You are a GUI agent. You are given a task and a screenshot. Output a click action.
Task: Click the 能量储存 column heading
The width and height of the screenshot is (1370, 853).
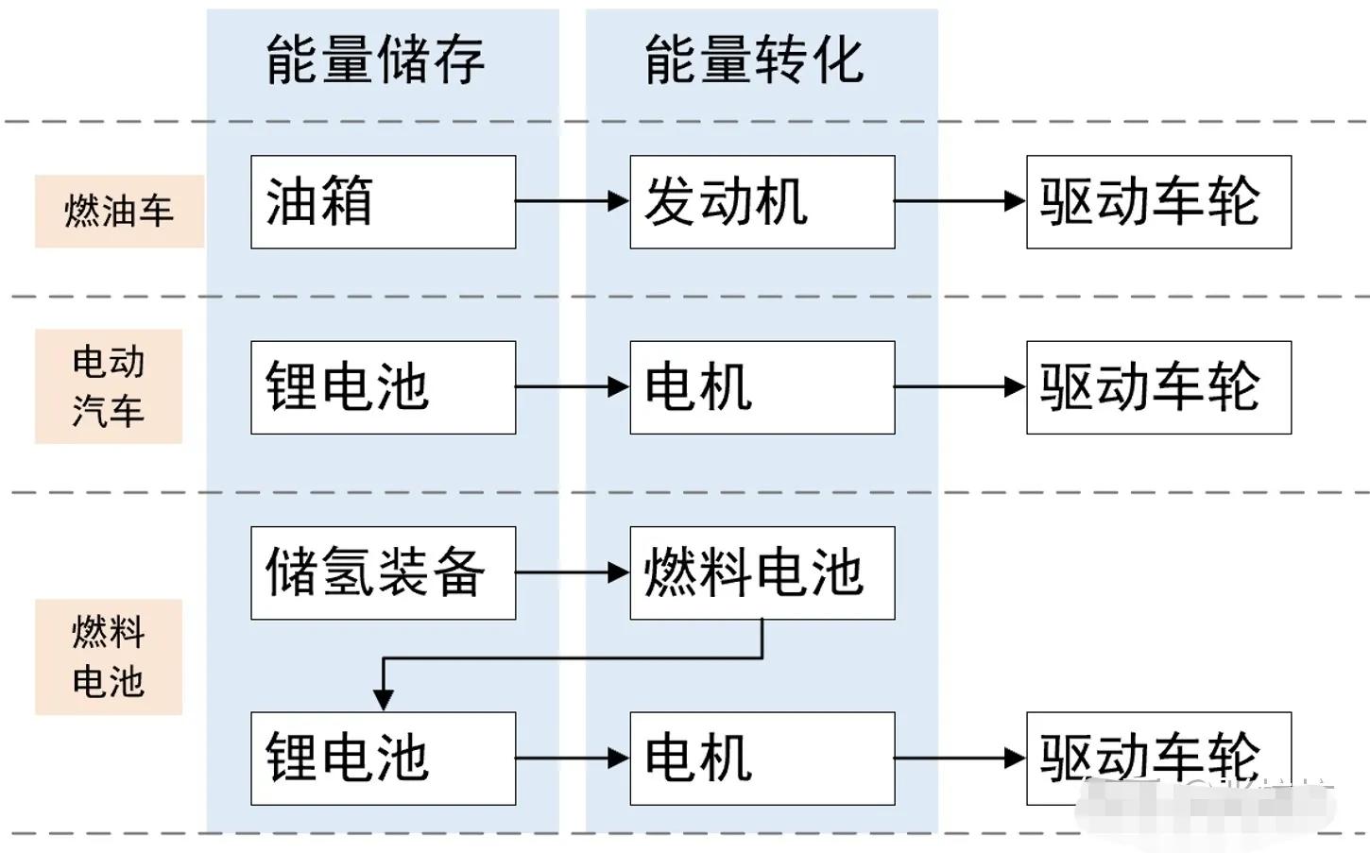[375, 60]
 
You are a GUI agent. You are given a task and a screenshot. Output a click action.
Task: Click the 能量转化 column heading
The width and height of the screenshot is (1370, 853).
[754, 60]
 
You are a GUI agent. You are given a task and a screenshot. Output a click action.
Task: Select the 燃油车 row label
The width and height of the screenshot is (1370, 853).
[119, 211]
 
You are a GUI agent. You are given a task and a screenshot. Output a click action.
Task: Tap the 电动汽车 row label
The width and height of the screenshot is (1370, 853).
[109, 385]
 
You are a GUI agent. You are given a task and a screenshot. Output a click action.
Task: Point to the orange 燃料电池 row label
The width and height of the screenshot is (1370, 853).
[109, 656]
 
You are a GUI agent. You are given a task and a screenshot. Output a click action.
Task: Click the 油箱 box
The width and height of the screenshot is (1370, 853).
[383, 202]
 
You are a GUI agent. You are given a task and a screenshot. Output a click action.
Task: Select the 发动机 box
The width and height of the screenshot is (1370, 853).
[762, 202]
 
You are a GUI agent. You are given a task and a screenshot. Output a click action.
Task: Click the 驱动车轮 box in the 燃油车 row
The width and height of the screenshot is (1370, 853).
[1158, 202]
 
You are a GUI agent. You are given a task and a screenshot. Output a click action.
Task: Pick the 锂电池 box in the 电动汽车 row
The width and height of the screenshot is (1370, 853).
[383, 387]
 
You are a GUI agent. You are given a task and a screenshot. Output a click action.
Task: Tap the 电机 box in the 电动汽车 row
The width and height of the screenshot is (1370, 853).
[762, 387]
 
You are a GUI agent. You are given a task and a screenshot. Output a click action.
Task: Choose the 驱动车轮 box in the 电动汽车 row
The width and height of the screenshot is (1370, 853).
[1158, 387]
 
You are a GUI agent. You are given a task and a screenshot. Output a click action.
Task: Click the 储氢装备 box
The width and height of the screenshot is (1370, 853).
[383, 572]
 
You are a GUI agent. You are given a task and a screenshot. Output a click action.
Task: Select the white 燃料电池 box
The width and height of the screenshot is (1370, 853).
[762, 572]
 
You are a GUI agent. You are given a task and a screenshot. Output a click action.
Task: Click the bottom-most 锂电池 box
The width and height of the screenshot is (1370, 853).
[383, 758]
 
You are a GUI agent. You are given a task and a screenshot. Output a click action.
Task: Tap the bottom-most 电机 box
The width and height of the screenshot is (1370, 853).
[762, 758]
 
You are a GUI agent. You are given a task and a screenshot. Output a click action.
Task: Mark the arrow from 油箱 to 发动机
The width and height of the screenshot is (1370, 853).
[572, 200]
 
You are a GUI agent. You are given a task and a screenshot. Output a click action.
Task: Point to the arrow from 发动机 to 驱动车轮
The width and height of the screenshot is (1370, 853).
[959, 200]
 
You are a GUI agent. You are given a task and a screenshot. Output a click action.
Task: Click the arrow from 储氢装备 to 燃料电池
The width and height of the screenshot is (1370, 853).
[572, 572]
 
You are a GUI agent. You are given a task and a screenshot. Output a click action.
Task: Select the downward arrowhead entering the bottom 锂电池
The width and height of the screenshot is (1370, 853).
[383, 699]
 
